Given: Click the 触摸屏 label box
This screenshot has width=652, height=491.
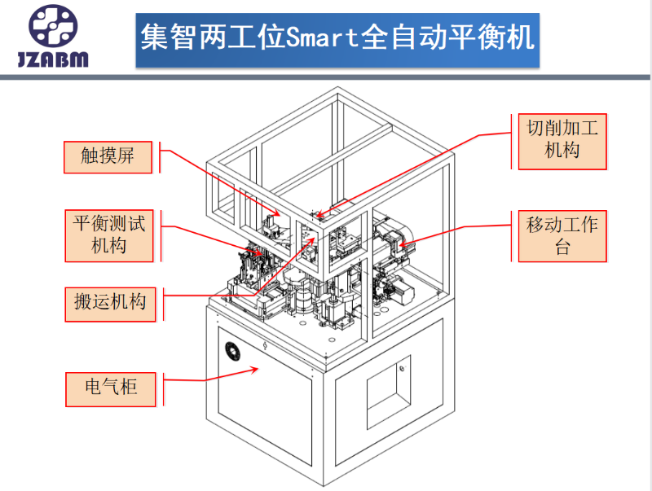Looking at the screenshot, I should pos(108,156).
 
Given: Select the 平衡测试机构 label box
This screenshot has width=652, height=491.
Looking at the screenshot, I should pos(108,235).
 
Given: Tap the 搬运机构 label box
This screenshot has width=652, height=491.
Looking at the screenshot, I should pos(108,302).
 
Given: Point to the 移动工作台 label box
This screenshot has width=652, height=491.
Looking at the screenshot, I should pos(562,235).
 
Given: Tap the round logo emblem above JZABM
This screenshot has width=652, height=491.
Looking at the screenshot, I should pos(55,27).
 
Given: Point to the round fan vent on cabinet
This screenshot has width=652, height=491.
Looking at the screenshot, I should pos(234,351).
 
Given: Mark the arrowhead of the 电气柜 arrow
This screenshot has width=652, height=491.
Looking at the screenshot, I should pos(258,368).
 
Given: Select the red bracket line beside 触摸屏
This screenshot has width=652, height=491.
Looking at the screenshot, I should pos(161,159).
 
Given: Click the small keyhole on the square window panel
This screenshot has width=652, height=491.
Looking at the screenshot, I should pos(402,367).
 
